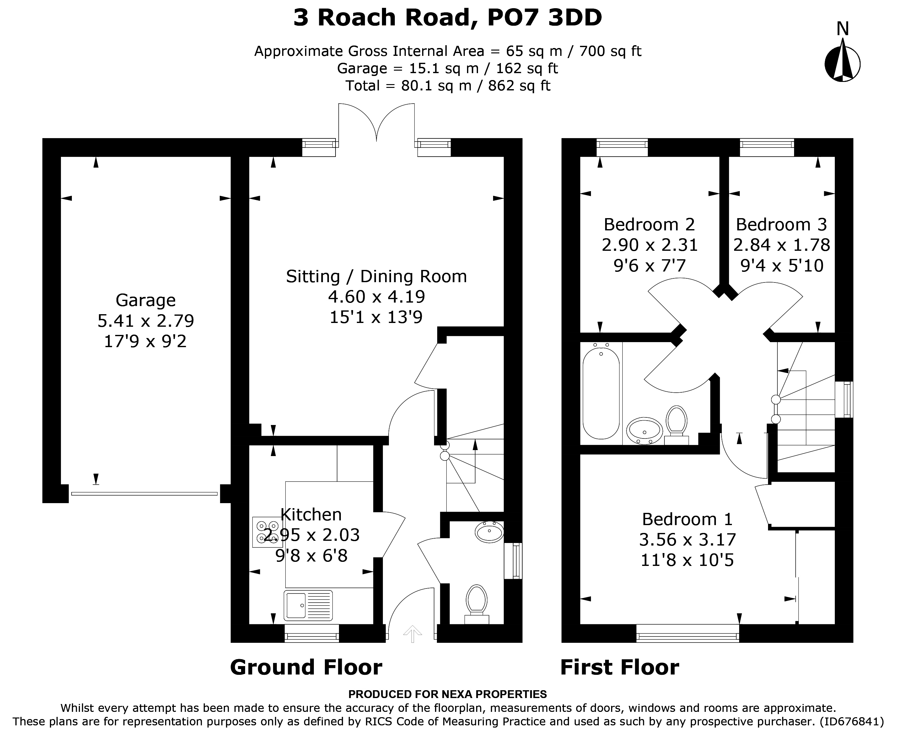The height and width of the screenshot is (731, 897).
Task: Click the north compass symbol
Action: point(842,59)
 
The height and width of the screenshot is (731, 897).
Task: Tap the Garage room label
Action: point(146,300)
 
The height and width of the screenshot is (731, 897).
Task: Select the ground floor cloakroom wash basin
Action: point(489,532)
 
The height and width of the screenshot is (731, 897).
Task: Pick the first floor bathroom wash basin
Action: point(644,431)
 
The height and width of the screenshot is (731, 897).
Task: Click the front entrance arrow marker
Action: point(412,634)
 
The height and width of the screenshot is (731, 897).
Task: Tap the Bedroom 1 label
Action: point(687,519)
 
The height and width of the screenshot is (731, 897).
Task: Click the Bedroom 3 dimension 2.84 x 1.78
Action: point(782,245)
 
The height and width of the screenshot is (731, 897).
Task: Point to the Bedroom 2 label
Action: point(649,224)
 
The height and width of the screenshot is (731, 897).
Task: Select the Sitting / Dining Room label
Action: point(377,277)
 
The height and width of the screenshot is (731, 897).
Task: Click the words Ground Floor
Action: point(306,667)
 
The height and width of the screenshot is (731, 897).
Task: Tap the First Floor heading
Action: point(620,667)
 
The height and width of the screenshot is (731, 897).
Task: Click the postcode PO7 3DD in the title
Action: point(545,18)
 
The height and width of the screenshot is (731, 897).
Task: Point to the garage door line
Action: point(144,493)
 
